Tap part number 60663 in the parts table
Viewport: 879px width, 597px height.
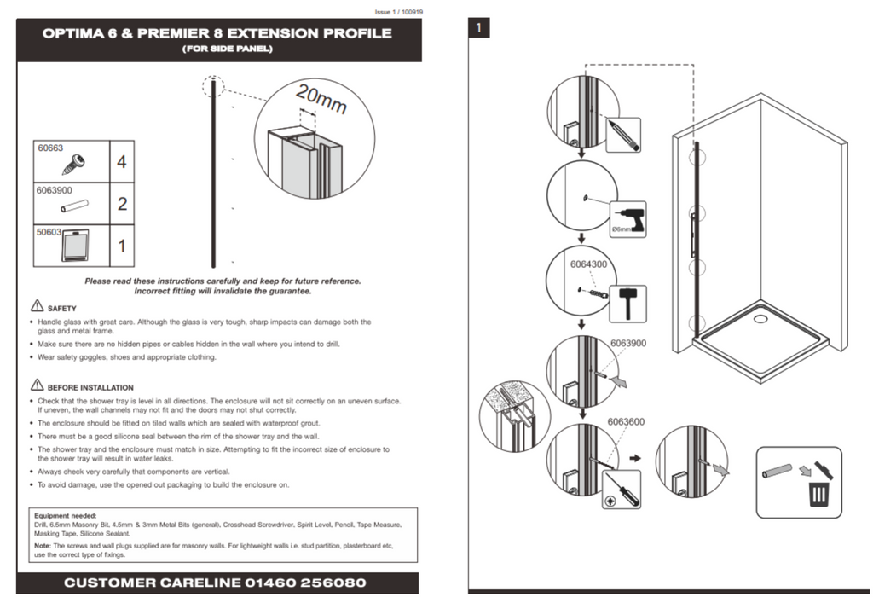point(50,148)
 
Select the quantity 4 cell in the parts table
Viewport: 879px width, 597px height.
point(122,161)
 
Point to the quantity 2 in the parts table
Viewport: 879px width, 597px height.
point(122,204)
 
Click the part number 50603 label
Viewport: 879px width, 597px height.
point(50,231)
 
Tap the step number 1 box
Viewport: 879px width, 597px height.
point(479,28)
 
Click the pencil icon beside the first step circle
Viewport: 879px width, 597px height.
point(623,135)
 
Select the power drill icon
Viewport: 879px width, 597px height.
point(628,218)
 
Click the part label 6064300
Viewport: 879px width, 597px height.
point(588,264)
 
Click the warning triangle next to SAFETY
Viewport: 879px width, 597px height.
point(37,306)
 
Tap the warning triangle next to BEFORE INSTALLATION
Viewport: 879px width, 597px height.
point(37,385)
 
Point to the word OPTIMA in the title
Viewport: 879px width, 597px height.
point(74,34)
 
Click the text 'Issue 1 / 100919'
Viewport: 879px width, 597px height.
point(399,12)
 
